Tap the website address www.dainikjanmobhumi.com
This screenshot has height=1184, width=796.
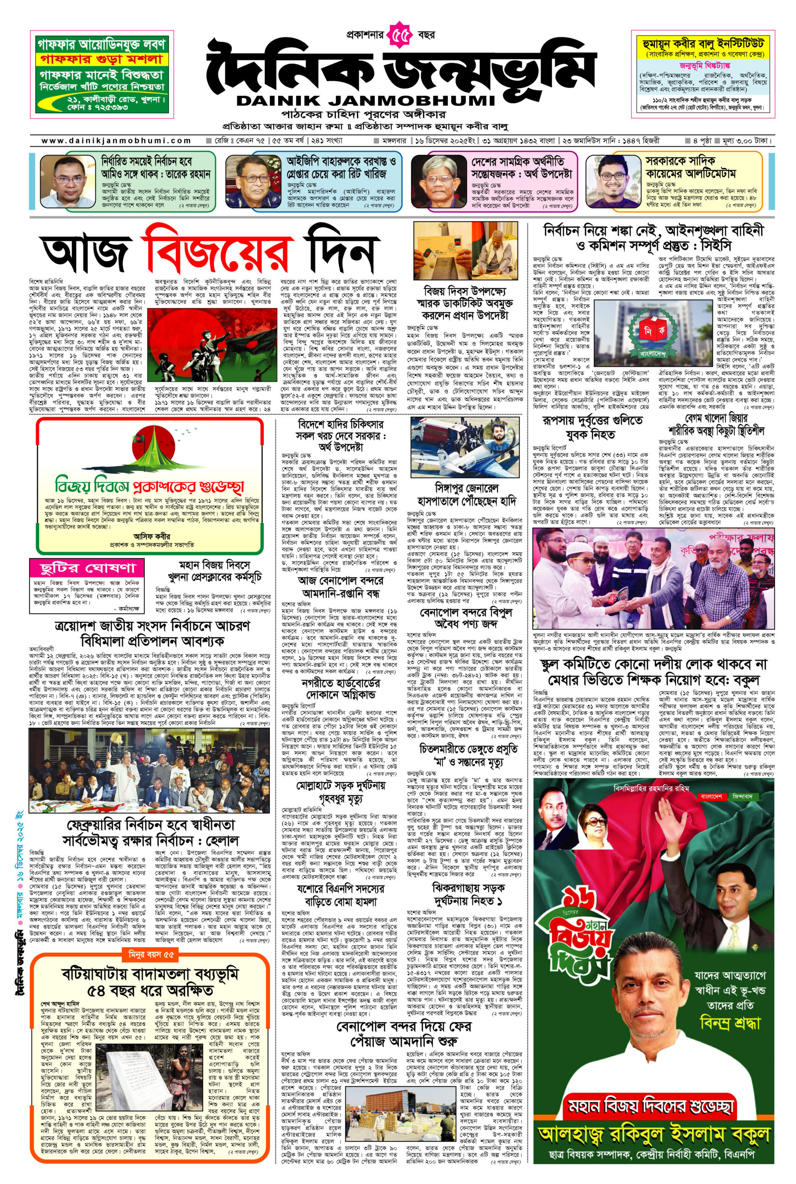pos(116,141)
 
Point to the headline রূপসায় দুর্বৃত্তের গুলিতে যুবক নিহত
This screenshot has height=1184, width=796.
pos(592,428)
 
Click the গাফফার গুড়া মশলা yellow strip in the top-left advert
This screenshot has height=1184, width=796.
pos(100,58)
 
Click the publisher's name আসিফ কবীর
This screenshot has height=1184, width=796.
pos(152,536)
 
